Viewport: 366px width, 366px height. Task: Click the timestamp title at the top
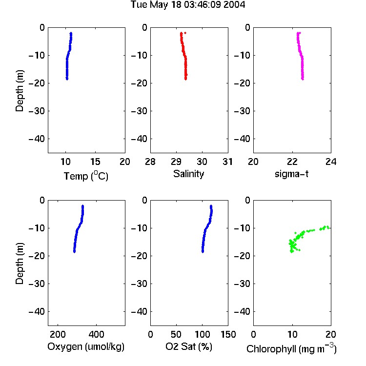pyautogui.click(x=188, y=5)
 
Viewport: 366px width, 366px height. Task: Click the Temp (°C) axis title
pyautogui.click(x=86, y=176)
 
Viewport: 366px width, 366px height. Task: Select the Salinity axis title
pyautogui.click(x=188, y=174)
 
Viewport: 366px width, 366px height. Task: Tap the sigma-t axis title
pyautogui.click(x=291, y=174)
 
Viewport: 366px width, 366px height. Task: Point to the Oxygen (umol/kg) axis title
pyautogui.click(x=86, y=347)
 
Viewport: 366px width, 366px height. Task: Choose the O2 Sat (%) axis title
pyautogui.click(x=189, y=346)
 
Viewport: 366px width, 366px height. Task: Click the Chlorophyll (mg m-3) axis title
pyautogui.click(x=291, y=348)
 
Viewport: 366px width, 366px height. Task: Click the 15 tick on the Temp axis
pyautogui.click(x=95, y=162)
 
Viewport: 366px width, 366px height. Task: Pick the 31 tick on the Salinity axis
pyautogui.click(x=227, y=162)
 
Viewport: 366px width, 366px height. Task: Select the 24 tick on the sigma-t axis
pyautogui.click(x=331, y=162)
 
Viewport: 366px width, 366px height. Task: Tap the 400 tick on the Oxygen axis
pyautogui.click(x=96, y=334)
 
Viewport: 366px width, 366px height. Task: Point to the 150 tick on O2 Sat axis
pyautogui.click(x=228, y=334)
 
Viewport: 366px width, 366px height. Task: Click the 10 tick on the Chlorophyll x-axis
pyautogui.click(x=292, y=334)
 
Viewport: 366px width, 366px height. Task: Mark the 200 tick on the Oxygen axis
pyautogui.click(x=58, y=334)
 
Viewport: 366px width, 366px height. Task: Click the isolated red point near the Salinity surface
pyautogui.click(x=185, y=33)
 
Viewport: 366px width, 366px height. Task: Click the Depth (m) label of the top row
pyautogui.click(x=20, y=91)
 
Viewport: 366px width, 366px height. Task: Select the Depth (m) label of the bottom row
pyautogui.click(x=20, y=264)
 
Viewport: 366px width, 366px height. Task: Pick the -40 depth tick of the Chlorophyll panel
pyautogui.click(x=242, y=312)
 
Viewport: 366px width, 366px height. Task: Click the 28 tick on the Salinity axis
pyautogui.click(x=150, y=162)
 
